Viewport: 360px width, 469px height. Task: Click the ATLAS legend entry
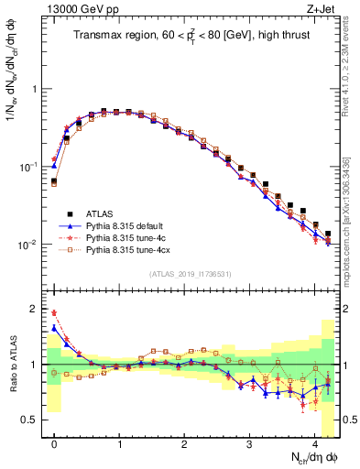(x=99, y=213)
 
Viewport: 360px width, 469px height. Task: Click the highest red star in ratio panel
(x=54, y=312)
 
